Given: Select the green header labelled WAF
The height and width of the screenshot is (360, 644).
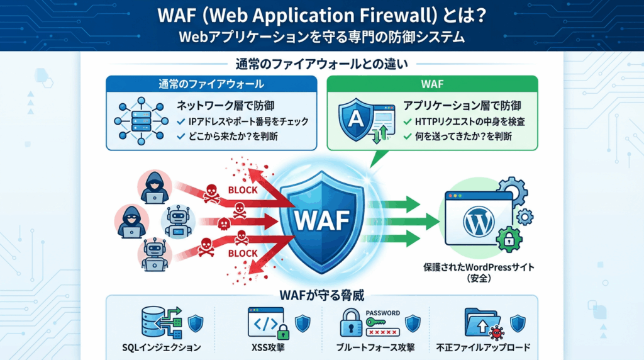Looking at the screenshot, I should point(433,84).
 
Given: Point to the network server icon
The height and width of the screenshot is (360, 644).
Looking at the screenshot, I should point(140,120).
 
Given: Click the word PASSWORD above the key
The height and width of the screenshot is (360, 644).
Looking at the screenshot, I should point(382,312).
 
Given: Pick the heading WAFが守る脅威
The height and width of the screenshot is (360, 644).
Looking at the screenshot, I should point(322,295).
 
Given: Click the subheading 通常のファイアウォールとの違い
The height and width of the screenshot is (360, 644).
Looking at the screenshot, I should point(322,64).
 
